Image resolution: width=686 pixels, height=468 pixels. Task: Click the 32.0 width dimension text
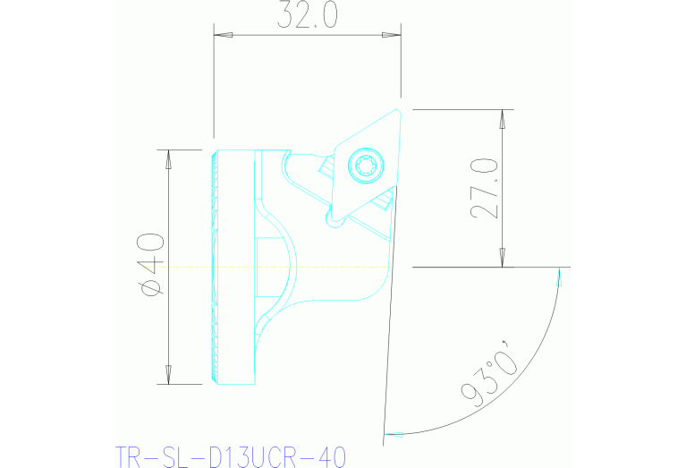(307, 16)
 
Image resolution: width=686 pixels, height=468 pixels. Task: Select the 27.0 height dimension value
(484, 189)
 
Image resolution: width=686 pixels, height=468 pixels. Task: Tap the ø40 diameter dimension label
(150, 264)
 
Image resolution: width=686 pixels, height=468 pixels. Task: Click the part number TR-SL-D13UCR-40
(230, 456)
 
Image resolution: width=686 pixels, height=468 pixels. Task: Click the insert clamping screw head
(366, 164)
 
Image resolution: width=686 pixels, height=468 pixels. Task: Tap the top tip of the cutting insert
(398, 109)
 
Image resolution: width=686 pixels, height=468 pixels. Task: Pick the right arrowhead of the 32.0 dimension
(392, 36)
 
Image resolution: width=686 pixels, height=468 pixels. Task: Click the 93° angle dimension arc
(537, 358)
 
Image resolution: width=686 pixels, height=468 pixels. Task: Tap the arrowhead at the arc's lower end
(394, 435)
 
